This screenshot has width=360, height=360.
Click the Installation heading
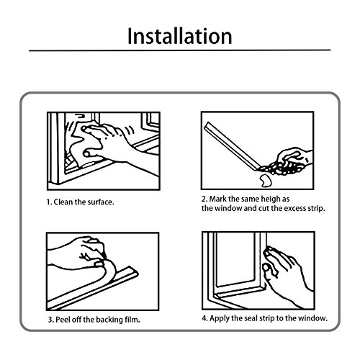tap(180, 36)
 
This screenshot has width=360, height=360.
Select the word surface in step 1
tap(101, 202)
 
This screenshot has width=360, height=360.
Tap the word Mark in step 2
tap(218, 199)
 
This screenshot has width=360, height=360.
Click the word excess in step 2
tap(294, 208)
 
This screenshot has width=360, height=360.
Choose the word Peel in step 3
tap(62, 320)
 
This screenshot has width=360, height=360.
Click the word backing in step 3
tap(109, 320)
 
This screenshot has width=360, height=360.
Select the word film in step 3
tap(132, 320)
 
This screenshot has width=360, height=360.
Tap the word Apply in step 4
tap(220, 319)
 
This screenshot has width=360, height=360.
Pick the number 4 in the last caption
tap(204, 318)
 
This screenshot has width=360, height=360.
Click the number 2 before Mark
tap(204, 199)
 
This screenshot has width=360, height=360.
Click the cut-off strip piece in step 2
tap(265, 181)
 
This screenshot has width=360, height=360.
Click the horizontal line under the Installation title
tap(180, 50)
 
